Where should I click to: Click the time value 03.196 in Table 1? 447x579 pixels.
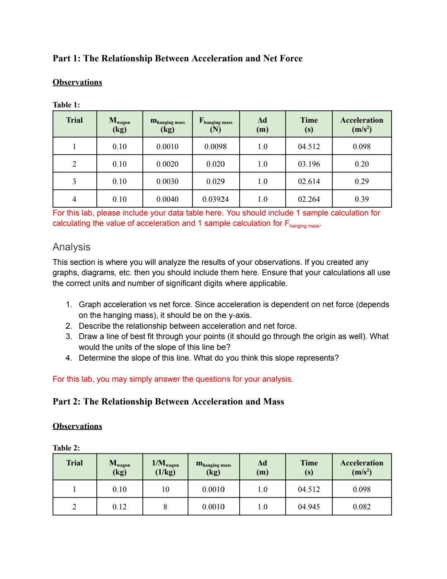[x=309, y=164]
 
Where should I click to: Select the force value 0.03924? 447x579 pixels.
[x=215, y=199]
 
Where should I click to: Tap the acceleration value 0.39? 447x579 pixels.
[x=361, y=199]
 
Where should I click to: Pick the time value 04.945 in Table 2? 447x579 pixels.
[x=309, y=507]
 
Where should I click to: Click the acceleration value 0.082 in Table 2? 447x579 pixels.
[x=361, y=507]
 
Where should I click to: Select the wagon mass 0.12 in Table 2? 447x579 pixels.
[x=120, y=507]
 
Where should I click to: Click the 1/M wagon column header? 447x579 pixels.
[x=165, y=467]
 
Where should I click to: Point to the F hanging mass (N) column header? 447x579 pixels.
[x=216, y=124]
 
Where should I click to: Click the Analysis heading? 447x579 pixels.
[x=71, y=247]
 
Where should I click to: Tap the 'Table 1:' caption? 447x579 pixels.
[x=66, y=105]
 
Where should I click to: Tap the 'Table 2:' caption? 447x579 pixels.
[x=66, y=448]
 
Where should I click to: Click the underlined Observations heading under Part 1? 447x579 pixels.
[x=77, y=82]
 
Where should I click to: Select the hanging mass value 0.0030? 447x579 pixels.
[x=167, y=182]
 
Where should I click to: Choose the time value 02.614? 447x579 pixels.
[x=309, y=182]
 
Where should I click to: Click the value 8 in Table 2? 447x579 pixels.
[x=165, y=507]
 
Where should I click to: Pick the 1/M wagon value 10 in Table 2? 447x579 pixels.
[x=165, y=489]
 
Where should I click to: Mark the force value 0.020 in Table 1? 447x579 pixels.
[x=215, y=164]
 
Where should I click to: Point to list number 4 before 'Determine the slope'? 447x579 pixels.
[x=68, y=358]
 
